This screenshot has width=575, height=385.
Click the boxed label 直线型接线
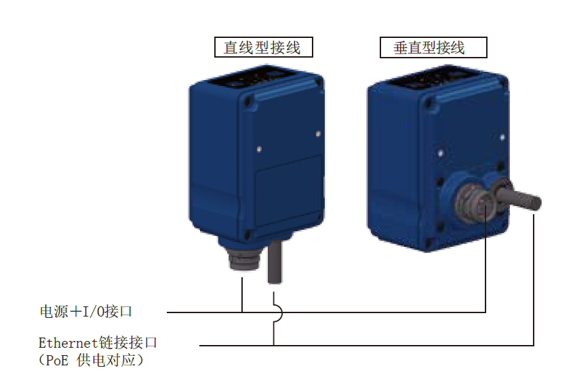point(263,47)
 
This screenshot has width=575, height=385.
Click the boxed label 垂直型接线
point(433,47)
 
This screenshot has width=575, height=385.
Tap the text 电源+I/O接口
point(86,311)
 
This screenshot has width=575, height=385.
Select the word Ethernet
point(68,343)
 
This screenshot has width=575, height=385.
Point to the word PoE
point(57,360)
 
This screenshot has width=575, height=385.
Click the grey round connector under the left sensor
point(243,258)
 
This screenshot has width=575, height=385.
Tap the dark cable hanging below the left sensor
point(275,262)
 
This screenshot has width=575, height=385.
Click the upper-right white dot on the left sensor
point(318,134)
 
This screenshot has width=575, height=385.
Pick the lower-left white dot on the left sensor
point(259,149)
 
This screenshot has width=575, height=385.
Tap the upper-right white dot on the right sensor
point(502,138)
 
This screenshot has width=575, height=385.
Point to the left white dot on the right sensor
point(441,153)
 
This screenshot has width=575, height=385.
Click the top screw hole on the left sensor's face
point(248,100)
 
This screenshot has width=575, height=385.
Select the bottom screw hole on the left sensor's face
point(248,235)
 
